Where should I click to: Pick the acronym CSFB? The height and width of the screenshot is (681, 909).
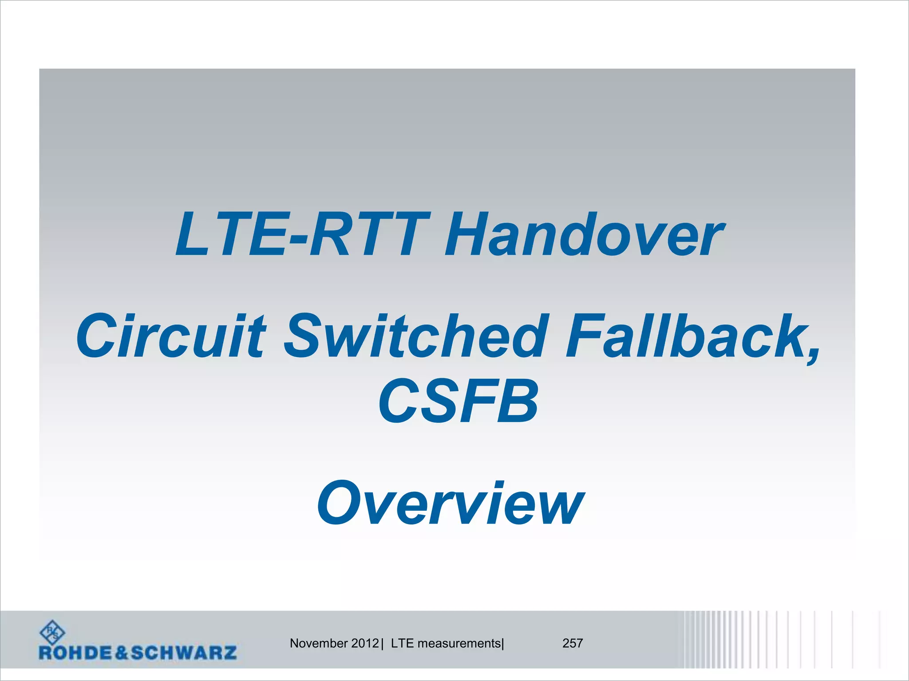tap(458, 402)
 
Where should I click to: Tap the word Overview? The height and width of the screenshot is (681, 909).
tap(450, 504)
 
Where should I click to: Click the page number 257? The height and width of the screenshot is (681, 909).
tap(573, 643)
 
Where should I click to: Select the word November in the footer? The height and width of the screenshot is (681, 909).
tap(319, 643)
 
